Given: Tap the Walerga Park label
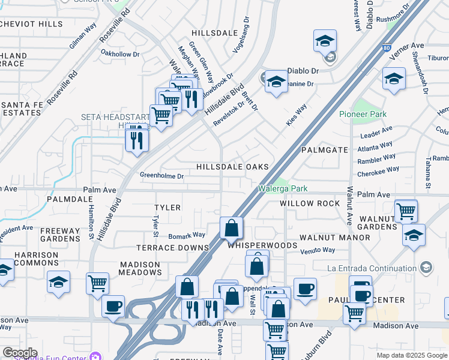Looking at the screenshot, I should coord(283,188).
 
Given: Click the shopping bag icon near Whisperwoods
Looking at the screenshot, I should coord(231,229).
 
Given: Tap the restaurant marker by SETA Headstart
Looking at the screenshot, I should coord(137,139).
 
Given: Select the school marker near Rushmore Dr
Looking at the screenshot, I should coord(325,41).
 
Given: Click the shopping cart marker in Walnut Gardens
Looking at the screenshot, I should coord(406,211).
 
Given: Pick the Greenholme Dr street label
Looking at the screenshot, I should coord(161,175).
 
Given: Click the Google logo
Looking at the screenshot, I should coord(20,352).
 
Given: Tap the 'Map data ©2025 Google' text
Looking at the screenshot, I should coord(412,355).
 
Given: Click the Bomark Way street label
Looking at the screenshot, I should coord(186,235).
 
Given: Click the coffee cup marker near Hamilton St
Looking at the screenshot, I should coord(112,307).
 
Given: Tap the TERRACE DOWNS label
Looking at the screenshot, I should coord(172,247).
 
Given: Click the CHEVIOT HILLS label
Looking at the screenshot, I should coord(31,24).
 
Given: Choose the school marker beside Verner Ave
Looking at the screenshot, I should coord(394,79).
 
